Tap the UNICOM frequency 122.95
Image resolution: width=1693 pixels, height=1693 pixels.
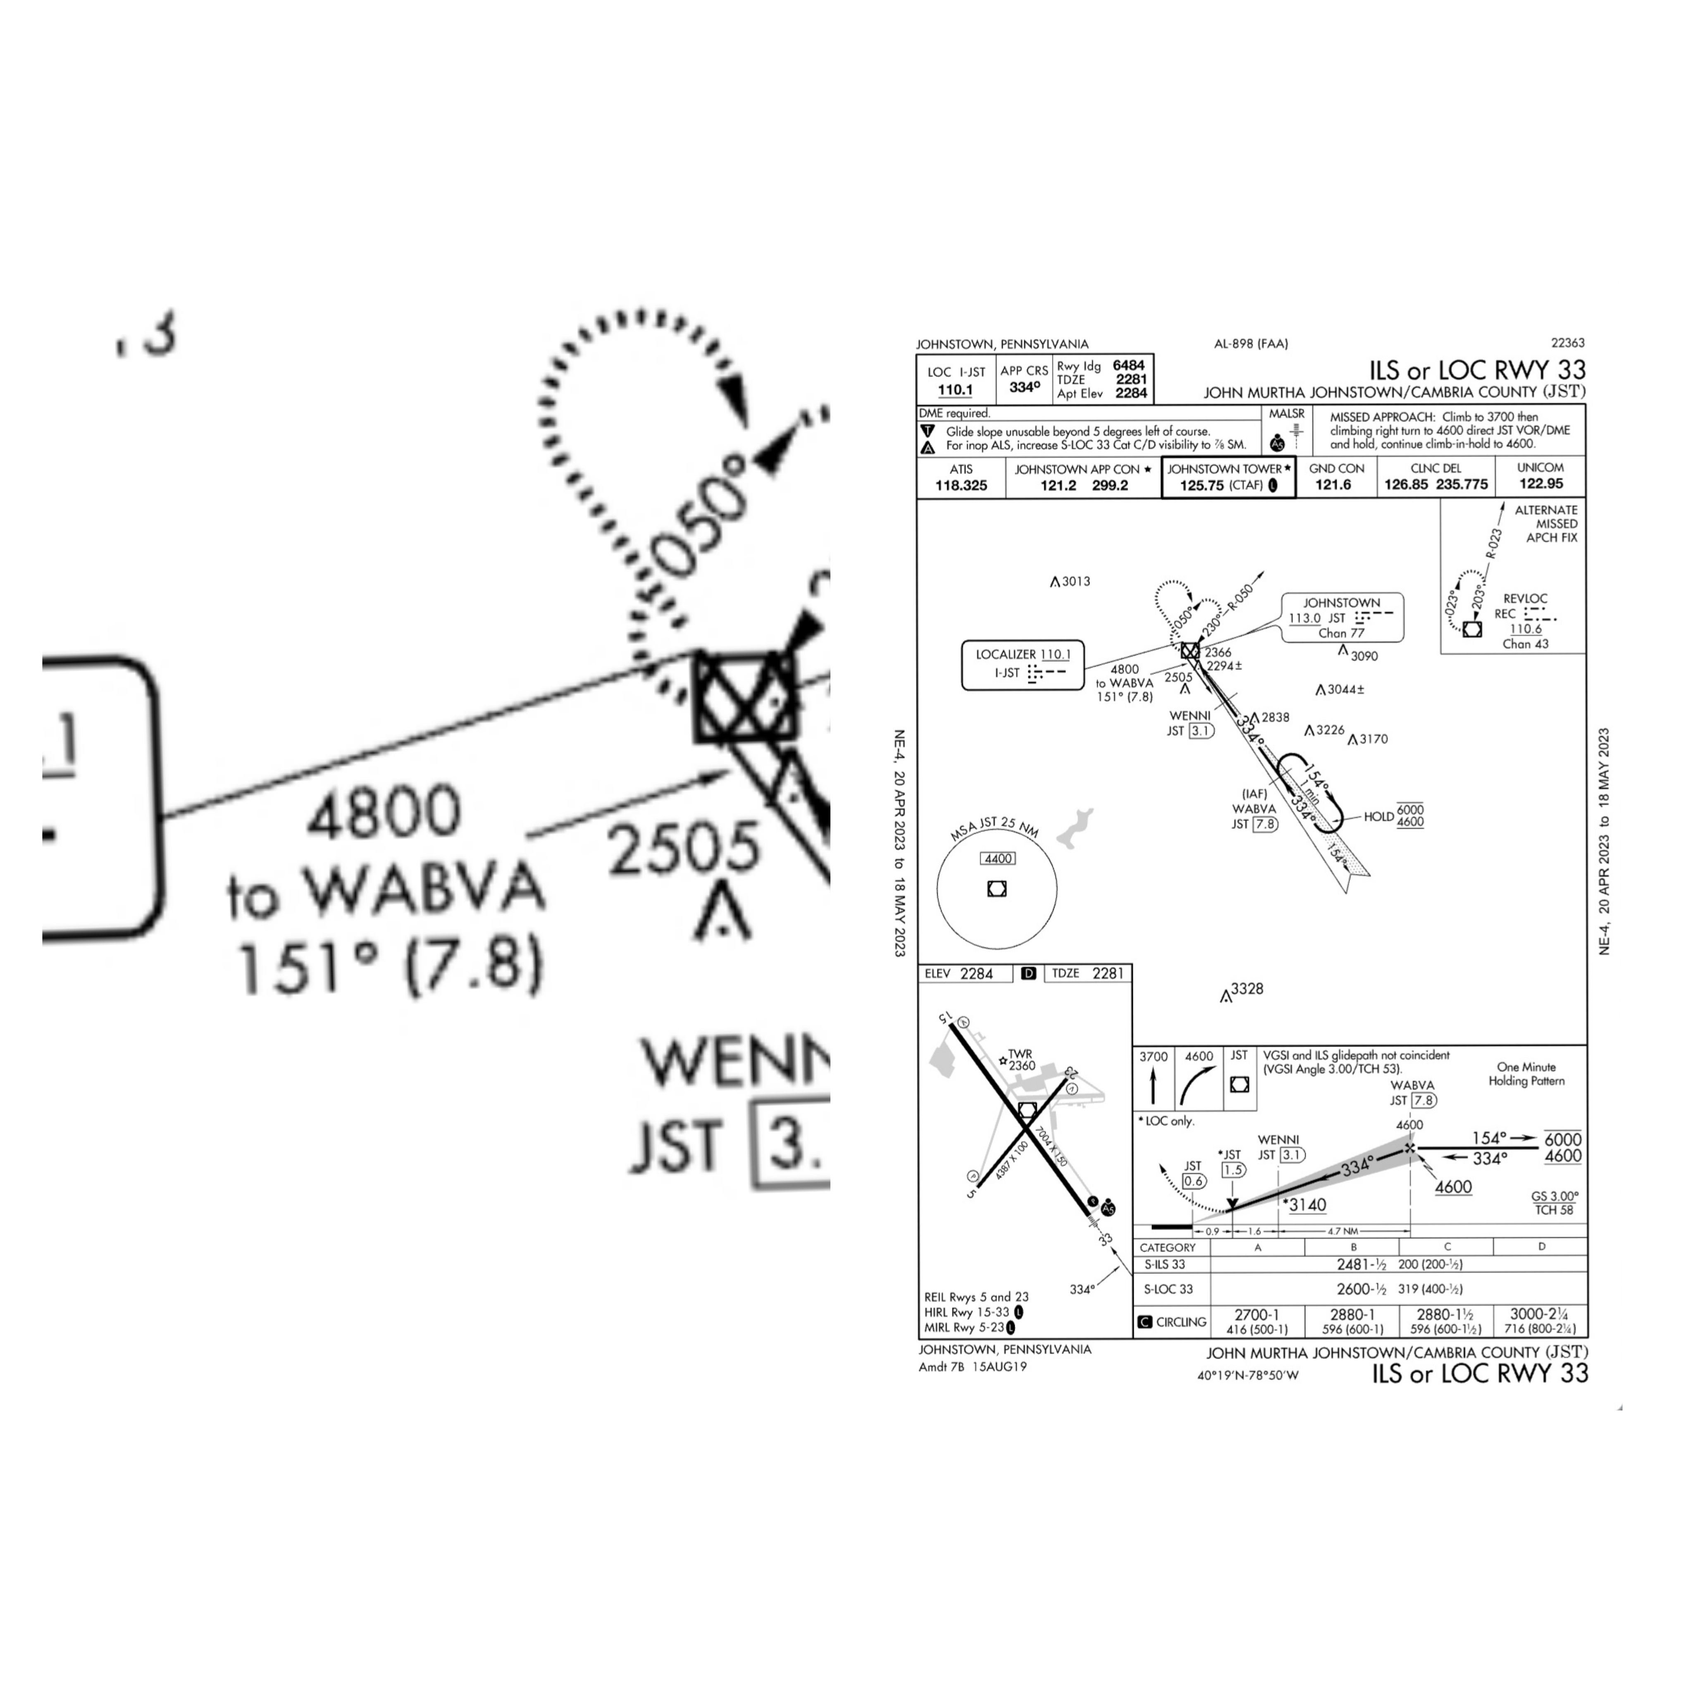tap(1540, 484)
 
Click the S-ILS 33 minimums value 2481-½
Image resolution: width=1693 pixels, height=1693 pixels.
tap(1361, 1264)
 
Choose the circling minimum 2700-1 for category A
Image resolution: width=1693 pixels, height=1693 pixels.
tap(1257, 1314)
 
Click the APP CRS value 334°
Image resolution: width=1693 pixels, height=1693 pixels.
tap(1024, 386)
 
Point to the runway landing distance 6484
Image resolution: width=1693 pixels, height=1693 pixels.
tap(1129, 365)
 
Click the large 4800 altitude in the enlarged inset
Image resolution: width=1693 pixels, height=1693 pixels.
tap(384, 811)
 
